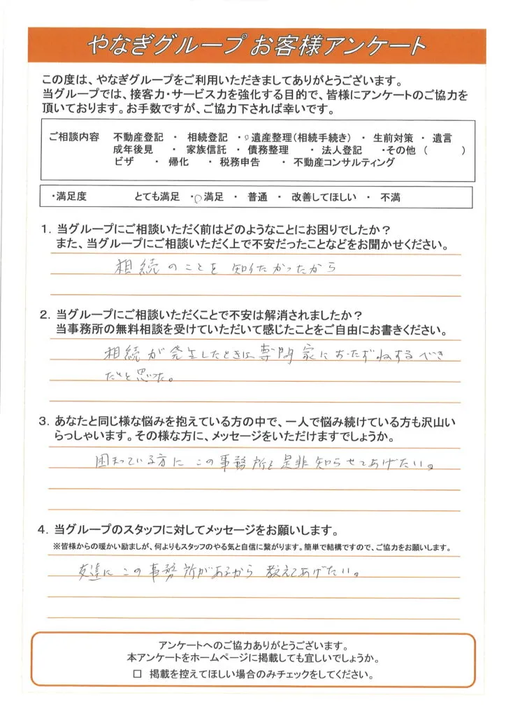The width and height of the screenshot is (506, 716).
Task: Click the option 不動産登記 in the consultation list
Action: (x=137, y=137)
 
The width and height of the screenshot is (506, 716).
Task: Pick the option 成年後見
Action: (x=133, y=150)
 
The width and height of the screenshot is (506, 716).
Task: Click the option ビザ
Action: (x=123, y=162)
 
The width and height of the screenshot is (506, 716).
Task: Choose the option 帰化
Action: (x=178, y=162)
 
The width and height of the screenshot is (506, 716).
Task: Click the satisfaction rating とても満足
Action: (x=156, y=199)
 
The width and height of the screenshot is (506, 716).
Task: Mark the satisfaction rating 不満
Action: (x=390, y=199)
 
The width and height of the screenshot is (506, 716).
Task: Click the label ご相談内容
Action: (x=69, y=137)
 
